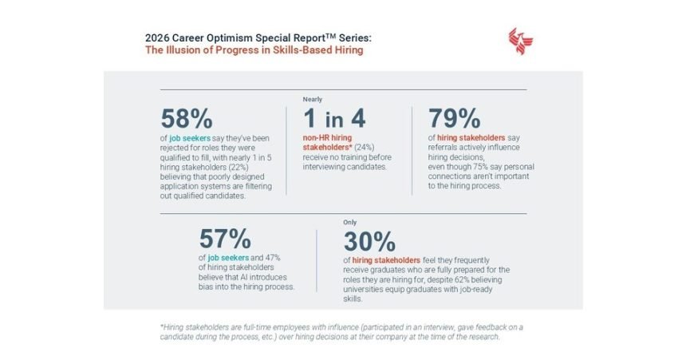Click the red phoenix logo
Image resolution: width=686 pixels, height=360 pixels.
tap(520, 42)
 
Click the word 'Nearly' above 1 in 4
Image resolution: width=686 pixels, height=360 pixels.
tap(312, 98)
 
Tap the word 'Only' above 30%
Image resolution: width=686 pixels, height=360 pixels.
tap(349, 221)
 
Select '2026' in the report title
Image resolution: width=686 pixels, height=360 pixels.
tap(160, 37)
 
